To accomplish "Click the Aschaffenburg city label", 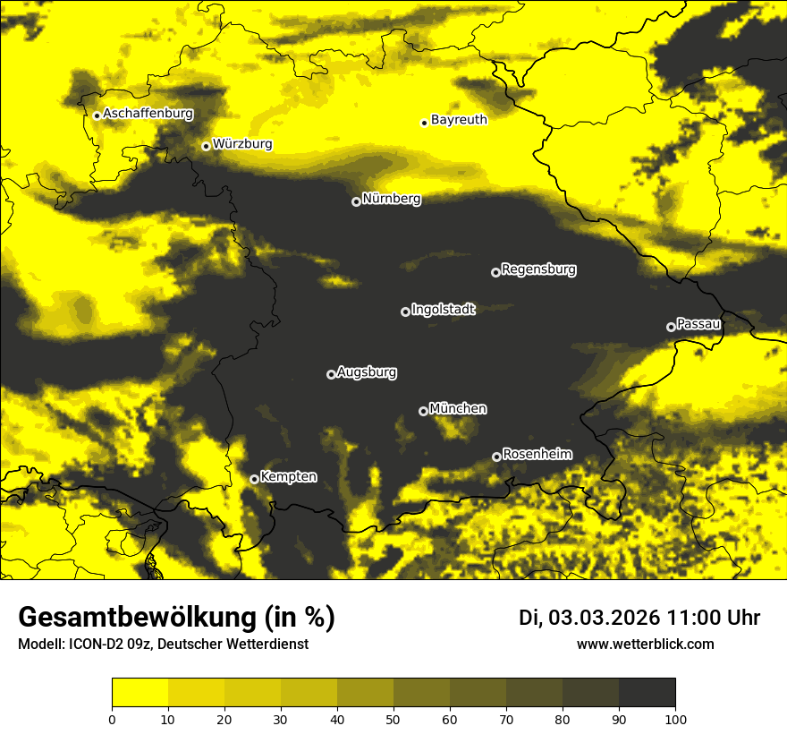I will [x=148, y=114].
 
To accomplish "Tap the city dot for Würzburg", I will [x=206, y=146].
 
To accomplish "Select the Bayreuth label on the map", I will [x=459, y=119].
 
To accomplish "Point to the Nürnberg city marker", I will [x=356, y=201].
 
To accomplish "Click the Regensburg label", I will [x=538, y=269].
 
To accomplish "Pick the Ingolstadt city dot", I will [x=405, y=312].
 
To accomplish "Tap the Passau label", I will [x=698, y=323].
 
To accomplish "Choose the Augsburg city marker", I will [x=331, y=374].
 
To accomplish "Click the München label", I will [x=458, y=408].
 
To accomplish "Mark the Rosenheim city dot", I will [x=496, y=457].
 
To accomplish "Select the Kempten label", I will [x=288, y=476].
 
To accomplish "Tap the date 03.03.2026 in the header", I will [x=604, y=618].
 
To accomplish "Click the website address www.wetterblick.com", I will [x=645, y=644].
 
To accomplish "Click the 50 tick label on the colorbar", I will [x=393, y=718].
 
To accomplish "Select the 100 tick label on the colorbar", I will [x=674, y=718].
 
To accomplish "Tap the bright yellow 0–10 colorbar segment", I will [x=140, y=693].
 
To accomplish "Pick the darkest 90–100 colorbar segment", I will [x=647, y=693].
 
